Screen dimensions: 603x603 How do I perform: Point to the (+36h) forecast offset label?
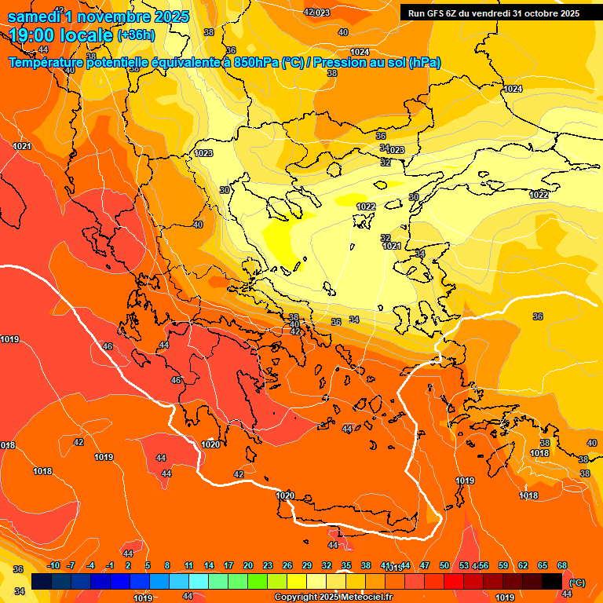[136, 35]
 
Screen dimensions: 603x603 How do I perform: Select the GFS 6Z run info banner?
[493, 13]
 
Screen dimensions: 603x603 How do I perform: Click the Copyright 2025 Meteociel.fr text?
[333, 598]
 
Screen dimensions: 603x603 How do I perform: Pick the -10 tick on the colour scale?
[53, 566]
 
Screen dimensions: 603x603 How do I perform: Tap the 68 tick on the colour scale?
[562, 566]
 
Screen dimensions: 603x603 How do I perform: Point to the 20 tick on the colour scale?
[248, 566]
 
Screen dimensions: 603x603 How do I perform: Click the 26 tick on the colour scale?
[287, 566]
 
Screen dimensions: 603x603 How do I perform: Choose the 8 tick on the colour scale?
[167, 566]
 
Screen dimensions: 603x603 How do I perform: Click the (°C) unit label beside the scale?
[576, 583]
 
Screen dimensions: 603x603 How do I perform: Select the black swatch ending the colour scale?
[552, 581]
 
